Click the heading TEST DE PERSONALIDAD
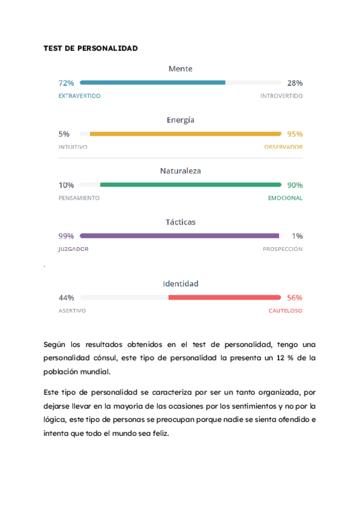pos(91,48)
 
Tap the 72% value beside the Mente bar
pos(66,83)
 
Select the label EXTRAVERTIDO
pos(79,96)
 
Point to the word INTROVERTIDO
pos(281,96)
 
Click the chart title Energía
pos(181,120)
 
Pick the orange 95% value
pos(295,134)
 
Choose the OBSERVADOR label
pos(283,147)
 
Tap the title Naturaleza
pos(181,171)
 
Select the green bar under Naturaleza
pos(190,185)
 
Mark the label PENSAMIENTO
pos(79,198)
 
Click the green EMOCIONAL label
pos(285,198)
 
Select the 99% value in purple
pos(66,236)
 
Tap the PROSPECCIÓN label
pos(283,249)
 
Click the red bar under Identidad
pos(224,297)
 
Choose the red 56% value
pos(295,297)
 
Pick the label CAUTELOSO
pos(285,311)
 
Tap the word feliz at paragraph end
pos(160,432)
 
